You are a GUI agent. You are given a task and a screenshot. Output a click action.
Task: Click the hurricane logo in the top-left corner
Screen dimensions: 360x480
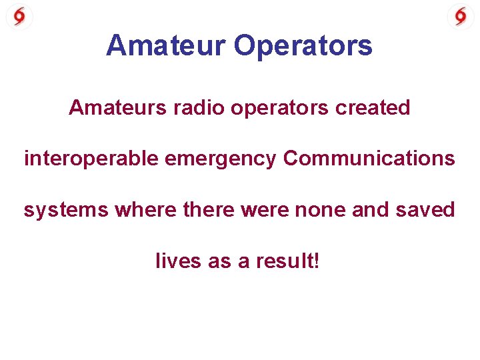tap(19, 16)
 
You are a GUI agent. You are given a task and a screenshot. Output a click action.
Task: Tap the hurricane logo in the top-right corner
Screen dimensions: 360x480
tap(461, 16)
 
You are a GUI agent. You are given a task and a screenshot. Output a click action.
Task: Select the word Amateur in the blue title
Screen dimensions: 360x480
tap(166, 46)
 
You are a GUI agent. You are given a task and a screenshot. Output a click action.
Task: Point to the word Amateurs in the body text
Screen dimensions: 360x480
tap(113, 107)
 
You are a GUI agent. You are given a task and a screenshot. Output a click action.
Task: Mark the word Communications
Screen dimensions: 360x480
tap(369, 159)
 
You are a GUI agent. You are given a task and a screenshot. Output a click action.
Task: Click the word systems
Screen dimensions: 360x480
tap(66, 211)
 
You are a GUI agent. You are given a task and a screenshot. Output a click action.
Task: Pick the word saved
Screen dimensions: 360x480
tap(426, 210)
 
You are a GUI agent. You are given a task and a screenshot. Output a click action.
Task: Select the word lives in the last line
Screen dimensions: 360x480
tap(178, 261)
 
